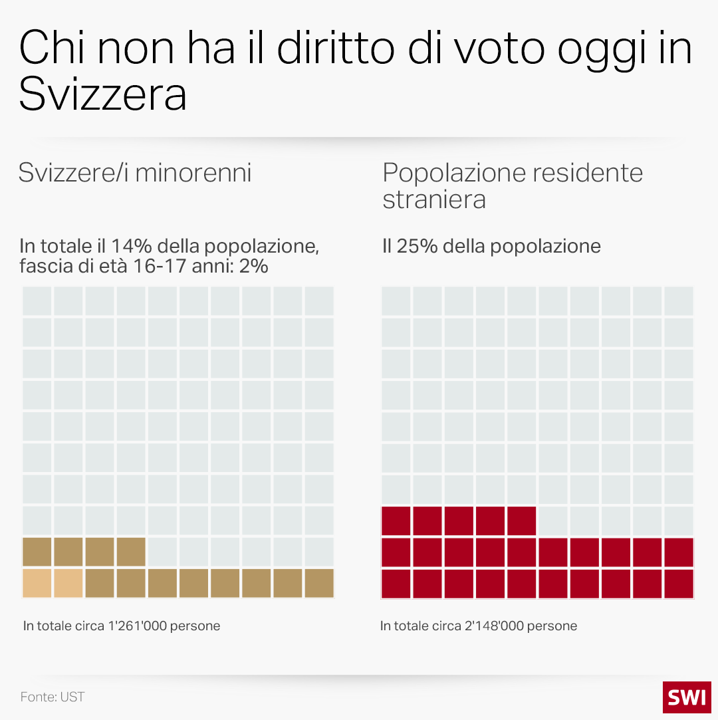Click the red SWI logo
(687, 697)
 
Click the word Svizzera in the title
(102, 94)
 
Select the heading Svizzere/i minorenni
(135, 173)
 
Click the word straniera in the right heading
(433, 199)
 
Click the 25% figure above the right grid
(416, 246)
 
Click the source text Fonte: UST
(53, 697)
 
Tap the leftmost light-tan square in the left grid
(37, 583)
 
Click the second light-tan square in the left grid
(68, 583)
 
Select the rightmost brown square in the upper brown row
(131, 552)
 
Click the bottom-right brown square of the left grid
(319, 583)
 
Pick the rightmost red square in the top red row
(521, 521)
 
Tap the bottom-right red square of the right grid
(678, 583)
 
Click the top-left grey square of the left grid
(37, 301)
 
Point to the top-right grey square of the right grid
(678, 301)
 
